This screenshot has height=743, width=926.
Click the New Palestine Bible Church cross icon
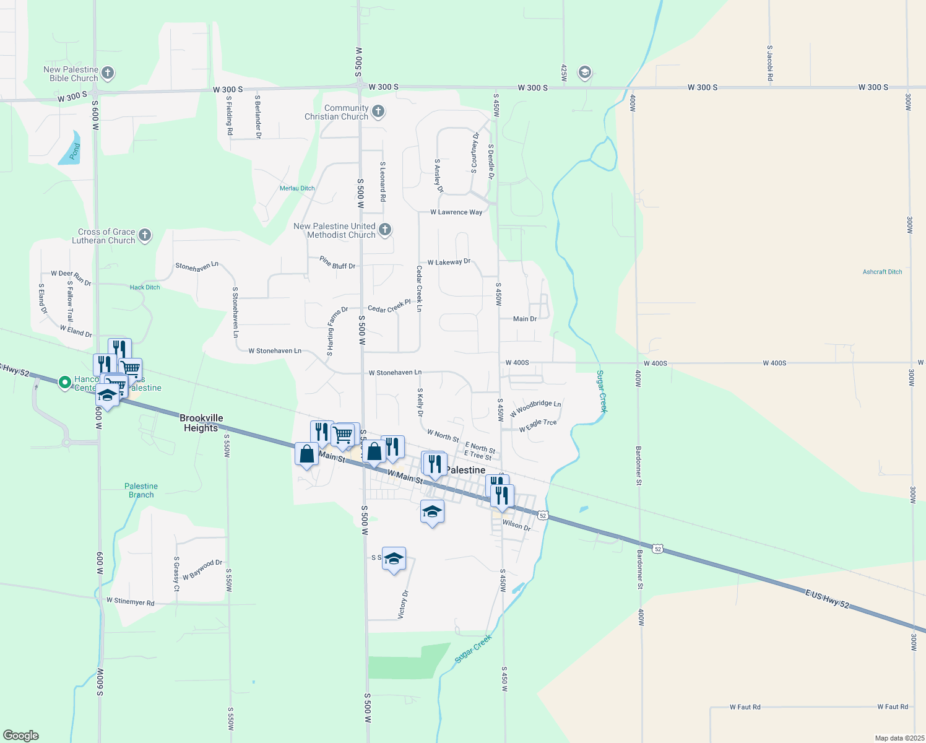click(108, 73)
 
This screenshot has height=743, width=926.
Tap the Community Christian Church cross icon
click(378, 111)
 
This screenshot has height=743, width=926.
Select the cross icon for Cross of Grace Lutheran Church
click(145, 235)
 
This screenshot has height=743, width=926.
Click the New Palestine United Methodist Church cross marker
click(384, 230)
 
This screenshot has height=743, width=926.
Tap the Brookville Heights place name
click(201, 423)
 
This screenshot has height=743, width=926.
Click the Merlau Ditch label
click(297, 188)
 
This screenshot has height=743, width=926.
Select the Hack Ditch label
click(145, 287)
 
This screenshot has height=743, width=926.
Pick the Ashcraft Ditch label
click(882, 272)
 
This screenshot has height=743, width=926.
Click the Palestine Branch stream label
click(141, 490)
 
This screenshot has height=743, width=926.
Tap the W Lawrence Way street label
click(456, 212)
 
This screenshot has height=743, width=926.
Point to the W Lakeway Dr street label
click(449, 263)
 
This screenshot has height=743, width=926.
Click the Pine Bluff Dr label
click(337, 263)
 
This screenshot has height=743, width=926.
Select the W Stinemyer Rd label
click(130, 601)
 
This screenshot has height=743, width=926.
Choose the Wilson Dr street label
click(516, 525)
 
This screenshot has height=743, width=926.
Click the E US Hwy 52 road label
click(827, 599)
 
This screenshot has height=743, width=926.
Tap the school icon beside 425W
click(584, 73)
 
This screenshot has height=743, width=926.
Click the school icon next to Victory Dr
click(394, 559)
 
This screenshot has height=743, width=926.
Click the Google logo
click(21, 736)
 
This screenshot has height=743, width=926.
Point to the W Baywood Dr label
click(202, 570)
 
